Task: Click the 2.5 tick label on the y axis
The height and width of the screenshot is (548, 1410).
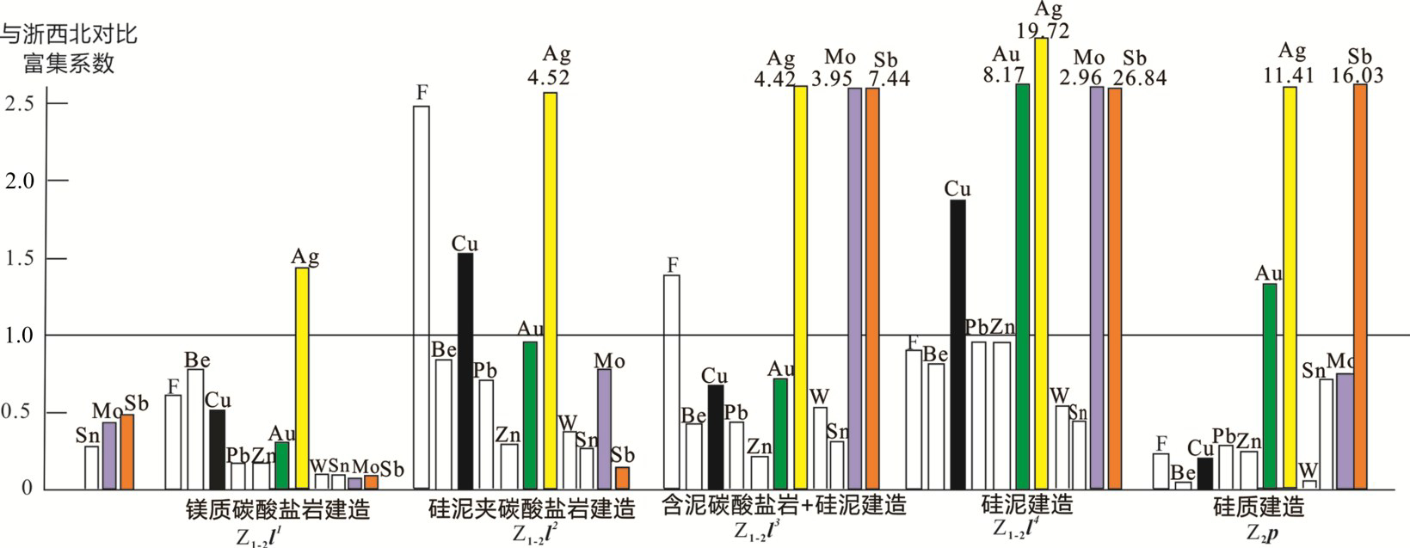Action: [21, 103]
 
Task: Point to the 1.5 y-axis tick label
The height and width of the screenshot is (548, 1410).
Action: [21, 258]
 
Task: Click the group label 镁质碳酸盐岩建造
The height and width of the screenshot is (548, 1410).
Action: [278, 509]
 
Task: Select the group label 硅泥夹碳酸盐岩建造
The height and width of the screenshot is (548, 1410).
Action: [532, 509]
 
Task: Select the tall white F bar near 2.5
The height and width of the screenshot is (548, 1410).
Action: [422, 297]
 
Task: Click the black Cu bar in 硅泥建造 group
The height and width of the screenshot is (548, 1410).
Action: [957, 344]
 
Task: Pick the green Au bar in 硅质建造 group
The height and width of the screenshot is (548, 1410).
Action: [1269, 386]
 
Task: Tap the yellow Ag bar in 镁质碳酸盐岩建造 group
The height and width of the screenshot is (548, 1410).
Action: [302, 379]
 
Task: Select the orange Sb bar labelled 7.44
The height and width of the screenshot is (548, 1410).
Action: [872, 288]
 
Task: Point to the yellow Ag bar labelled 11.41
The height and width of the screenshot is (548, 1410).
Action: [1290, 288]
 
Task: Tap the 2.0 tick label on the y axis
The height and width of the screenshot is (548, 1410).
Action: [21, 181]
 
